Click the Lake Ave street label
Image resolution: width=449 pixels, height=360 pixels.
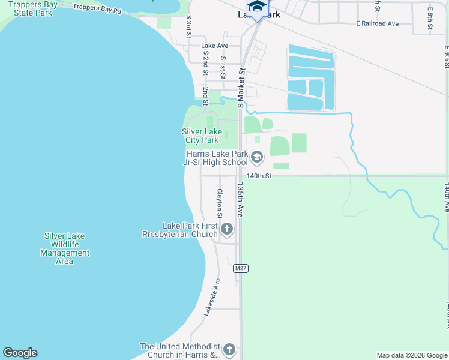point(215,46)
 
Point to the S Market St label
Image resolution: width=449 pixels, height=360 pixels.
point(241,88)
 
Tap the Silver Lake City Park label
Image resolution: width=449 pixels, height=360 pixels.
point(200,136)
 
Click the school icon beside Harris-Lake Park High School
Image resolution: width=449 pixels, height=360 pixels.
point(257,158)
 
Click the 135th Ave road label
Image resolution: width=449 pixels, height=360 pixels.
point(240,199)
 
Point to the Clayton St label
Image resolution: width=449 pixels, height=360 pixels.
point(220,204)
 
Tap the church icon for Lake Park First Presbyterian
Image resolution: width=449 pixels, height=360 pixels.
point(227,229)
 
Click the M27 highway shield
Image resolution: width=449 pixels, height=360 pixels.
point(241,268)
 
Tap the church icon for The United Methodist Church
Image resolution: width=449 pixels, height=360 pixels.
point(228,349)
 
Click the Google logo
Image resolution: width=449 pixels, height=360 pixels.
point(20,353)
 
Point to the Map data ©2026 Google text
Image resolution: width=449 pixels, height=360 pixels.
point(412,355)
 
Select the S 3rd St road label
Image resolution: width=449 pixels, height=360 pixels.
point(188,27)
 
